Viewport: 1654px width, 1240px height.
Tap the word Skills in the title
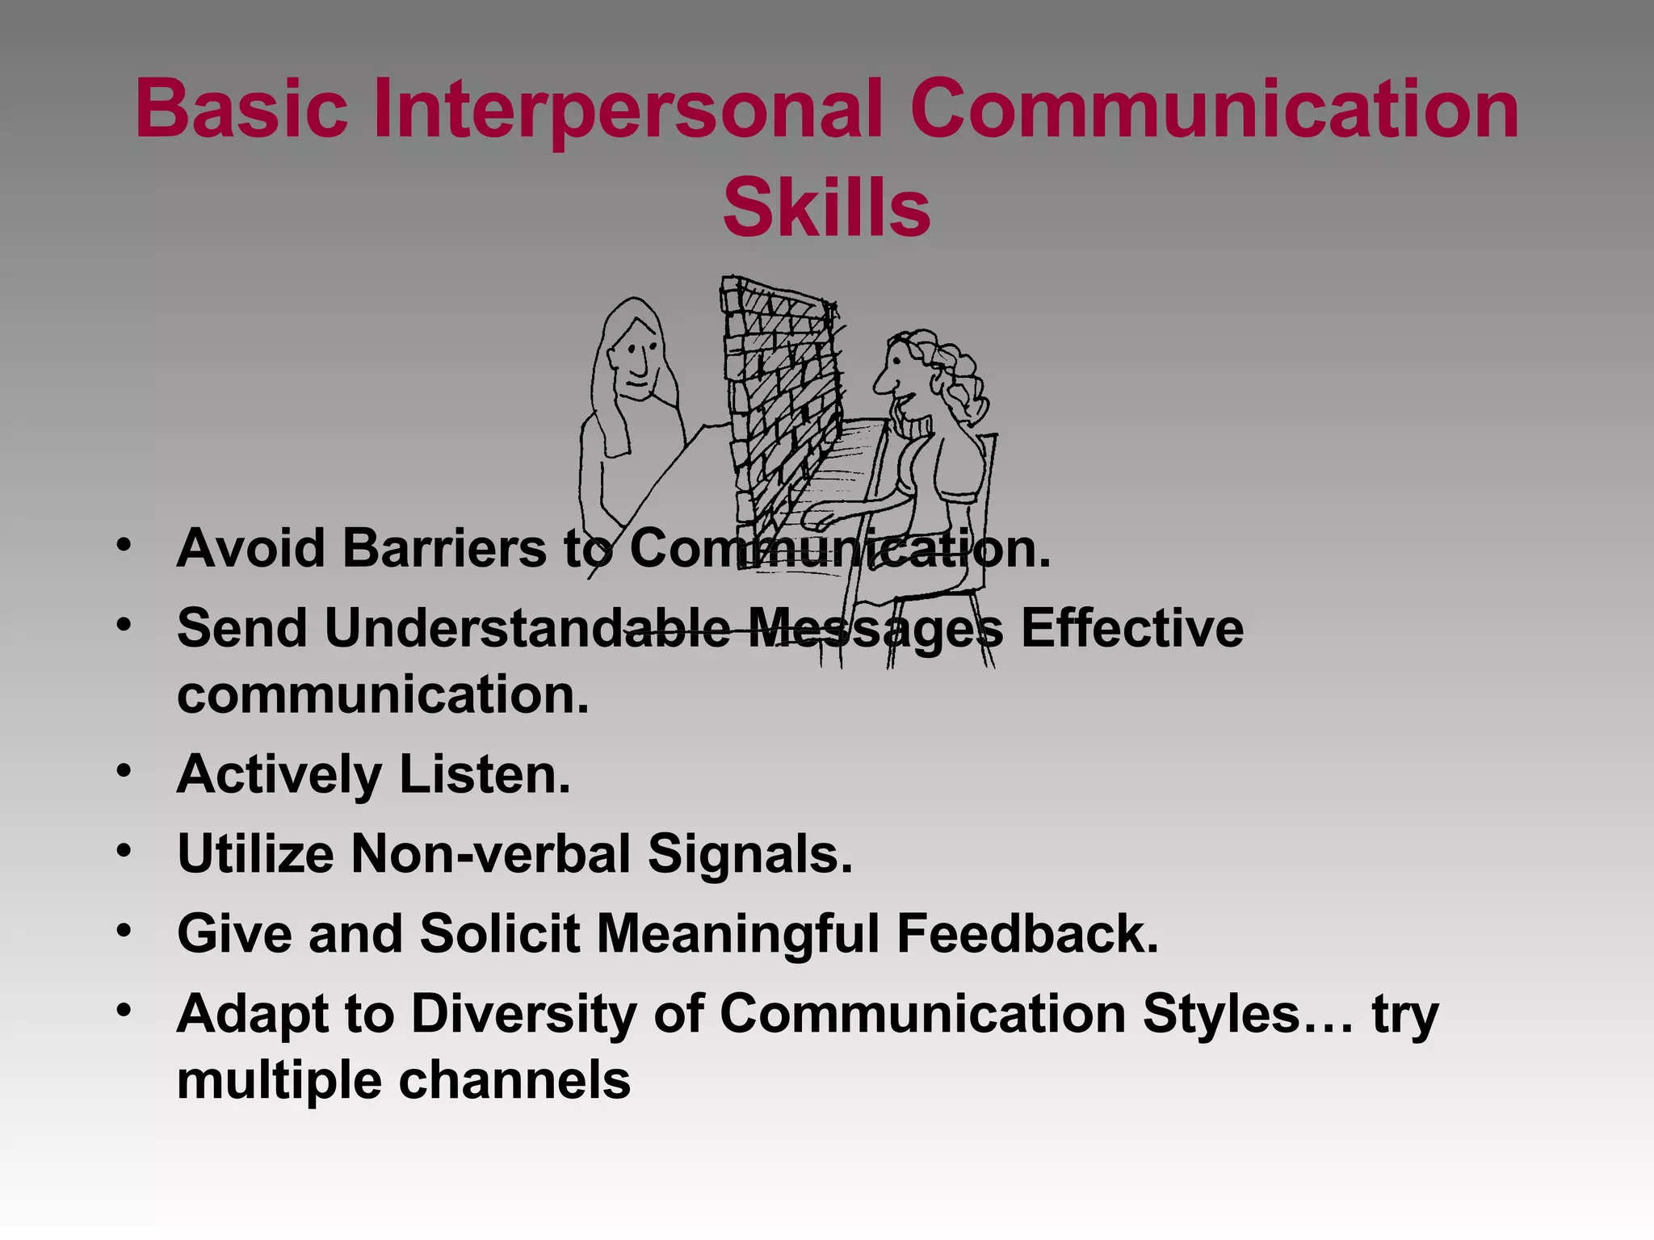[x=826, y=207]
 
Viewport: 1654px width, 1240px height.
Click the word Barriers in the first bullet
[x=446, y=548]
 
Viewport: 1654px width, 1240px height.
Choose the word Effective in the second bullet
[x=1131, y=627]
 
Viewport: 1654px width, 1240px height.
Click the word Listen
[x=485, y=774]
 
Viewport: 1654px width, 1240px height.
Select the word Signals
[x=750, y=853]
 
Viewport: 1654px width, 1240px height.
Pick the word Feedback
[x=1027, y=933]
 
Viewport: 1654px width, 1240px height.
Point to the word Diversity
[x=524, y=1013]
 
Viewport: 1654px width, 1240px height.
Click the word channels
[x=514, y=1080]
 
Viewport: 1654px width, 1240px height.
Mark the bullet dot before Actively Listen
[x=123, y=770]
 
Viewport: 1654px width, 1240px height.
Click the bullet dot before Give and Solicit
[x=123, y=930]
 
